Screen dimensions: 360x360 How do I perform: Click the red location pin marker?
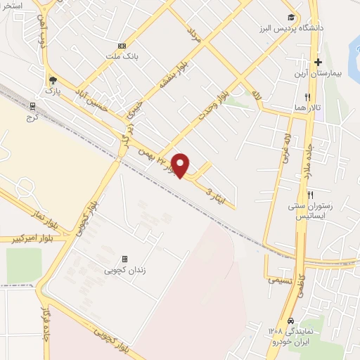point(181,165)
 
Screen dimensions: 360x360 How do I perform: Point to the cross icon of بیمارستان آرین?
point(319,63)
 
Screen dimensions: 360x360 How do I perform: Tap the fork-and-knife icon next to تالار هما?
point(307,98)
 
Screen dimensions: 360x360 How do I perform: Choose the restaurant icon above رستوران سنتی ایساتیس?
point(310,195)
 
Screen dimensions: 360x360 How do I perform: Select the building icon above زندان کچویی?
point(125,259)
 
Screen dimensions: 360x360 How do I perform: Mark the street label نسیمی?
point(279,279)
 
